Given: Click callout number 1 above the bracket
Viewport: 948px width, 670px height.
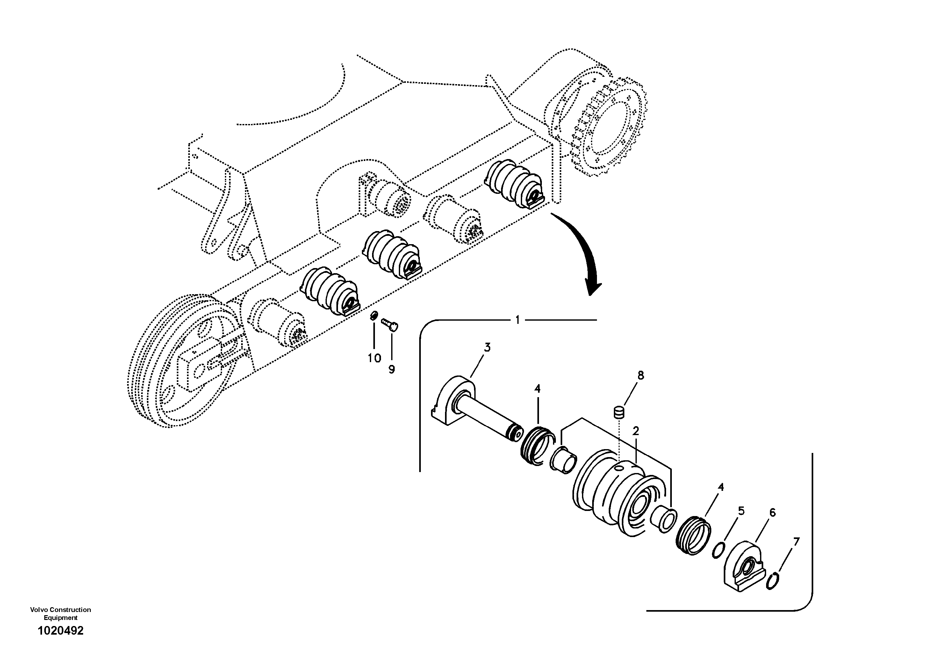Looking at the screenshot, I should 518,320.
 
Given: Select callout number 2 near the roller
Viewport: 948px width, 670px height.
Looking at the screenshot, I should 636,431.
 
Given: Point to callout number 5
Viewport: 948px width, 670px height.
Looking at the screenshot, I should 741,511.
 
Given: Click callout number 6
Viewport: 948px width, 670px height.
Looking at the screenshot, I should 772,513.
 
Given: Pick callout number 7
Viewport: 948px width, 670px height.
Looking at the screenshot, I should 796,541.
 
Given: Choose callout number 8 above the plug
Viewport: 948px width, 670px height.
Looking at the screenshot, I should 640,375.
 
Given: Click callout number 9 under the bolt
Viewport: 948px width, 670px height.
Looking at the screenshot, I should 391,369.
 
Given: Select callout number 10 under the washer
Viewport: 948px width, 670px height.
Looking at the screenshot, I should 375,358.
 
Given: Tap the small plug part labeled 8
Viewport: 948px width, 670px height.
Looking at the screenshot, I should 619,412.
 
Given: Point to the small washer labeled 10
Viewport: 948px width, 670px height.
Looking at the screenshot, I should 374,316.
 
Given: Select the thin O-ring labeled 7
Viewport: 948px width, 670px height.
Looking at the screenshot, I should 772,582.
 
